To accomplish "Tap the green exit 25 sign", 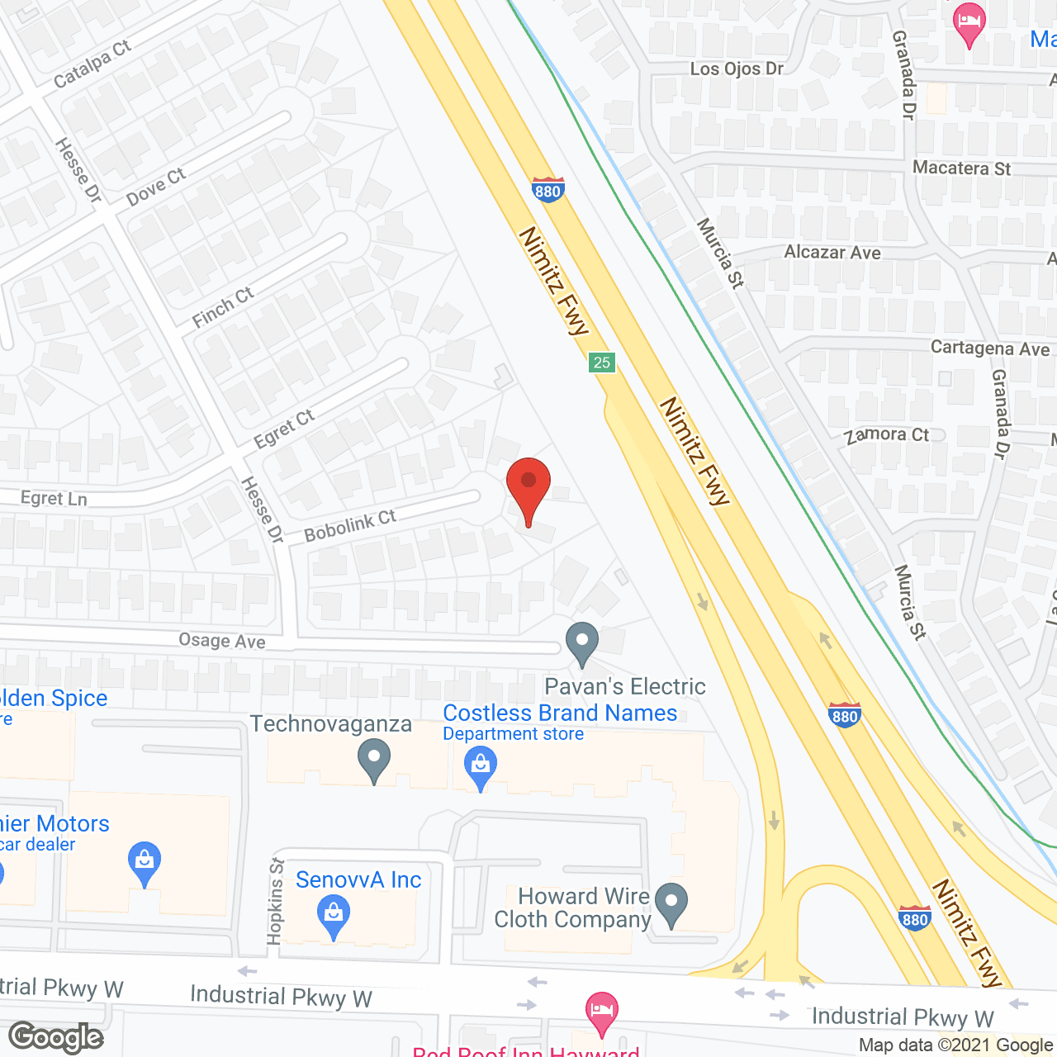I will tap(602, 362).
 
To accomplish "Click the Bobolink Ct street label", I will tap(350, 525).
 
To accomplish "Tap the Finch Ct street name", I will tap(222, 307).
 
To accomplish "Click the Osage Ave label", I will tap(222, 641).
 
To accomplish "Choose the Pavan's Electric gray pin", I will tap(582, 642).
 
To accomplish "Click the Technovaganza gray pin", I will tap(374, 758).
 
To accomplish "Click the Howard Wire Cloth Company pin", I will tap(671, 903).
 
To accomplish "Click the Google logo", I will tap(56, 1037).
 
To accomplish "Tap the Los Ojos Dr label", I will tap(737, 69).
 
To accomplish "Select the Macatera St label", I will tap(961, 168).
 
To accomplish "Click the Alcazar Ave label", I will tap(832, 253).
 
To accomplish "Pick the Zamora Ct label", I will tap(887, 435).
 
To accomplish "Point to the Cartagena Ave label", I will tap(989, 348).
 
